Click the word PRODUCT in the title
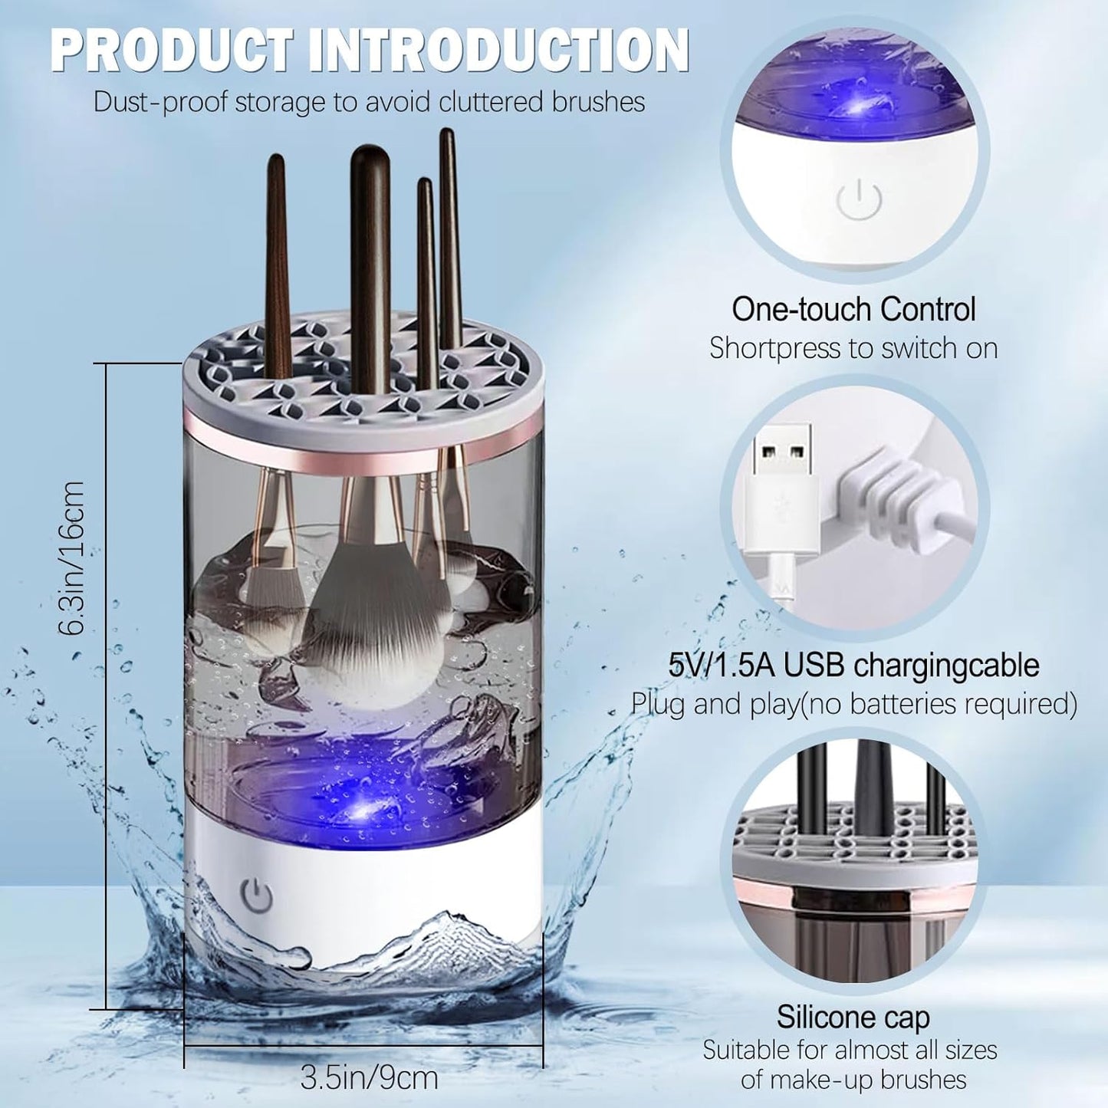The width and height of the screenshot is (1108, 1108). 171,51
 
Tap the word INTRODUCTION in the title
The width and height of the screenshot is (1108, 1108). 499,51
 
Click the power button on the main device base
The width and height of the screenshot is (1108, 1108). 257,894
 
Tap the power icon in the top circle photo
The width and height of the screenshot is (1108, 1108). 859,200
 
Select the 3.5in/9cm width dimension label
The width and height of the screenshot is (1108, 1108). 369,1077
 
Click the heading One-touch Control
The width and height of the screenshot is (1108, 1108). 853,310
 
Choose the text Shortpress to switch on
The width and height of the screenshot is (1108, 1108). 853,348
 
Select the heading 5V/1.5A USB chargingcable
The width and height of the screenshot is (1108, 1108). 853,665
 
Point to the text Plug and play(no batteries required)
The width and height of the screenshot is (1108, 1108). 853,703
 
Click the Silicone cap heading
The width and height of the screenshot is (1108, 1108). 853,1017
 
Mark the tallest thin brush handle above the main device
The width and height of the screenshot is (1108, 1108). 449,230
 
